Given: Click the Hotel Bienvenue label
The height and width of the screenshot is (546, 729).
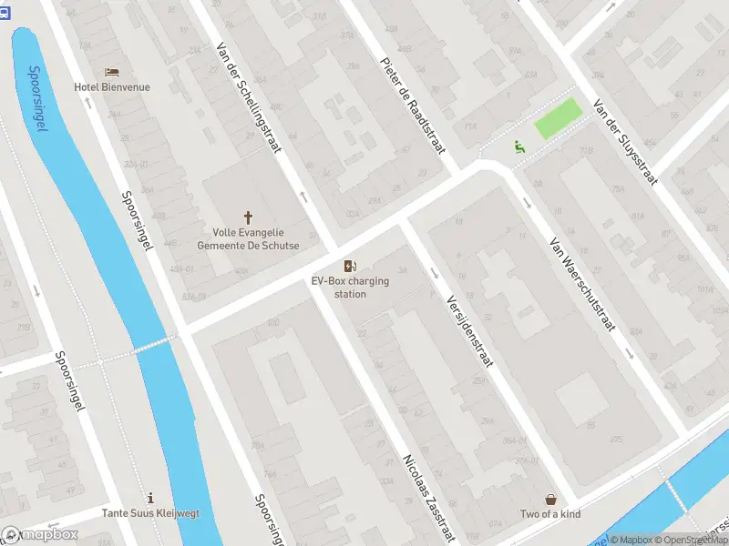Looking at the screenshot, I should pos(112,87).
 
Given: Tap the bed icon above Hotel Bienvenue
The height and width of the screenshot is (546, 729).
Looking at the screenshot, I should pos(112,72).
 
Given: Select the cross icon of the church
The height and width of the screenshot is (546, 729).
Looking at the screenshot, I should pos(248,217).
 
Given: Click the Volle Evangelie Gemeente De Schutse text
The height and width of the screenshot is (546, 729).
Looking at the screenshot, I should pos(248,238).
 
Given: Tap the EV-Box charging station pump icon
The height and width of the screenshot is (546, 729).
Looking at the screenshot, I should pos(350,266).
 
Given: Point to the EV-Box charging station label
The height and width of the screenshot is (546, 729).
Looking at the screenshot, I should pos(350,288).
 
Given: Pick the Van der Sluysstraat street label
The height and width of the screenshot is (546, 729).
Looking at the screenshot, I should pos(624,141).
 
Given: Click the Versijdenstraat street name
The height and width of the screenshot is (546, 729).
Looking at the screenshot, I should pos(469,330).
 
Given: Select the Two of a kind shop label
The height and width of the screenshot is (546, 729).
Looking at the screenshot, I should pos(550,514).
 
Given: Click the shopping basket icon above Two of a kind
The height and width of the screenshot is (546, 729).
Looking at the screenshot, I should pos(550,499).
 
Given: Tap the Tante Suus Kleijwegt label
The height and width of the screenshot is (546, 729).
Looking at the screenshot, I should pos(150,513).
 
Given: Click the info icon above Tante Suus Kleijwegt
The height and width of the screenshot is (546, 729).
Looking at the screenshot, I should pos(150,498).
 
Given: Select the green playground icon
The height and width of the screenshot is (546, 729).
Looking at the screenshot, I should pos(519,145).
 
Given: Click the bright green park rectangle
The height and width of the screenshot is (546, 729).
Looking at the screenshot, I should pos(557,119).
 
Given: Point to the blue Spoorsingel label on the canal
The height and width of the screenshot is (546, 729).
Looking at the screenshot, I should pos(36,98).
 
